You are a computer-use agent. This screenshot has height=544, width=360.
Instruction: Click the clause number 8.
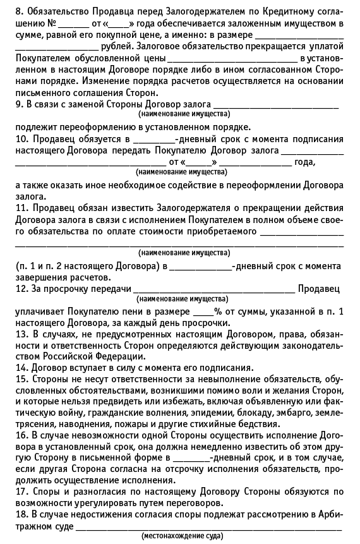pyautogui.click(x=19, y=11)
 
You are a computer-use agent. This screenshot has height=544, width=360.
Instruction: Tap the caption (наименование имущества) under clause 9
pyautogui.click(x=184, y=114)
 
